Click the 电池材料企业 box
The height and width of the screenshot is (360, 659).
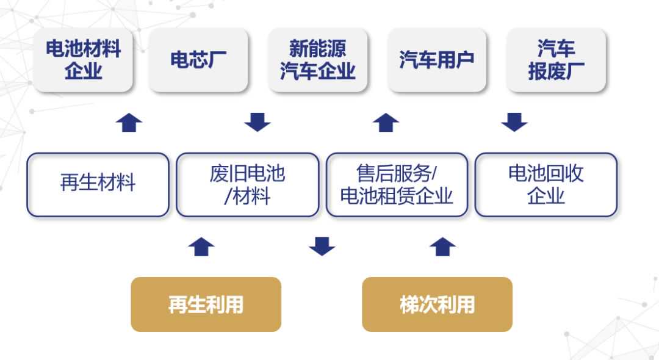pos(83,60)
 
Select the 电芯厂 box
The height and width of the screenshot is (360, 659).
pos(198,60)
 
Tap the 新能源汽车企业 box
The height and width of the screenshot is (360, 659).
pos(317,60)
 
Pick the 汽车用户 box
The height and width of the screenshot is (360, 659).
pos(437,60)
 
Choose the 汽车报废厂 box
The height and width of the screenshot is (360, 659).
pos(556,60)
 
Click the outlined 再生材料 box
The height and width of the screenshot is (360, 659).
pos(98,184)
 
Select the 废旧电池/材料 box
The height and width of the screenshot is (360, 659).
pos(247,184)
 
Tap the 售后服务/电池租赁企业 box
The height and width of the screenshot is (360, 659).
pos(397,184)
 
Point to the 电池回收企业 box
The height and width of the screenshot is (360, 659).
pos(546,184)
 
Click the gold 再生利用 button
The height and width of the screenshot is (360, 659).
pos(206,304)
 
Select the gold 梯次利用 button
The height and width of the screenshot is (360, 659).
pos(437,304)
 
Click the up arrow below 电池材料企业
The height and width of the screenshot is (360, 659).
pos(129,123)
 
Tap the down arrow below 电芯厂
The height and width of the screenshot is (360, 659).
pos(257,123)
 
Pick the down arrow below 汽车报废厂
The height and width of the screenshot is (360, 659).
pos(514,123)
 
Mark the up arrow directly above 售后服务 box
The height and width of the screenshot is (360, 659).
pos(386,123)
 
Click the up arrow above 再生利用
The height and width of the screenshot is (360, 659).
pos(201,247)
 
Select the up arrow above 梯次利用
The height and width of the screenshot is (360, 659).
pos(442,247)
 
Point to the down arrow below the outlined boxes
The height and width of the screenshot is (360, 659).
pos(322,247)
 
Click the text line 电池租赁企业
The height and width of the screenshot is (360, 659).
pos(397,196)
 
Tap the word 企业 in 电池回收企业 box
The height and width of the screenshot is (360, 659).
pos(546,196)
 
